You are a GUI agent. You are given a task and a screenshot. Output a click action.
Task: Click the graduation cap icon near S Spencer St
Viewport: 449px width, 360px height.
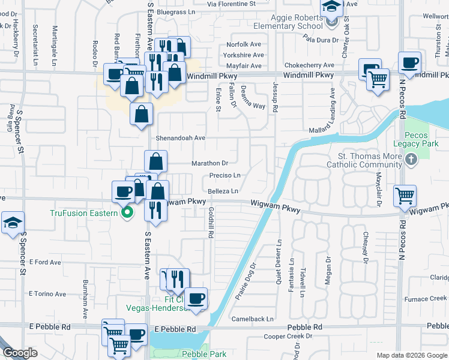(13, 223)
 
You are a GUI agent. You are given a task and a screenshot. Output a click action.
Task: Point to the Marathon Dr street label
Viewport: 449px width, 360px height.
(209, 163)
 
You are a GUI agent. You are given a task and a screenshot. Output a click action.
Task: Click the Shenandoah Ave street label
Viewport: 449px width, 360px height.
(181, 137)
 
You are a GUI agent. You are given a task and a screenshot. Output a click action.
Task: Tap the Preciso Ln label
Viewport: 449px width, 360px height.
(225, 175)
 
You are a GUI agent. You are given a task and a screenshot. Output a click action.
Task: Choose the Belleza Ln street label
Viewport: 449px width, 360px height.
(223, 191)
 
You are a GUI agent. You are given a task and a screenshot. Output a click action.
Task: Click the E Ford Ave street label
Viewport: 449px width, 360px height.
(45, 262)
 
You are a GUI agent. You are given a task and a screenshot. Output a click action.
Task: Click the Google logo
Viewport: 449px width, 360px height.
(20, 353)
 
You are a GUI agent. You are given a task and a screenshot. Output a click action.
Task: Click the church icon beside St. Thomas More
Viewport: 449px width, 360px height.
(411, 160)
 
